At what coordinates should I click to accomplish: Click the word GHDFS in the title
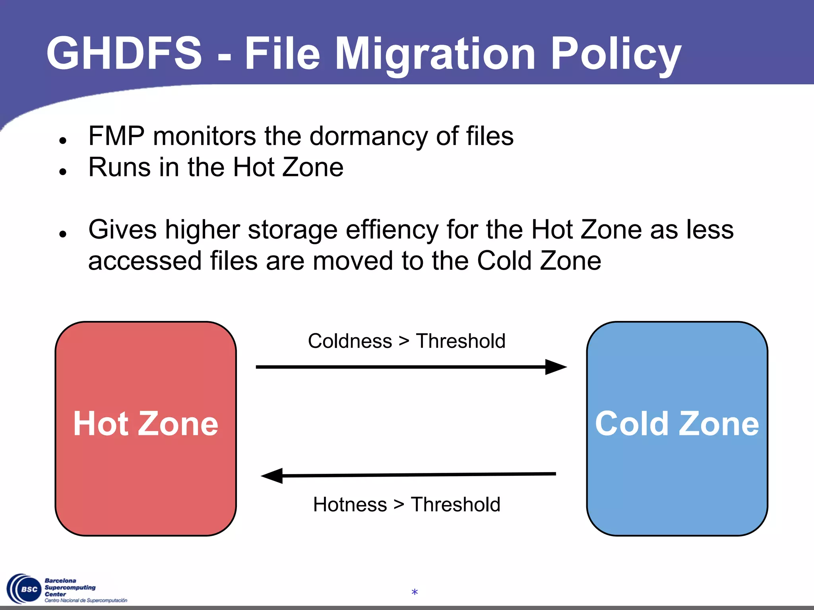click(124, 54)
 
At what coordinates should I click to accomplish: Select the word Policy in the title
click(616, 55)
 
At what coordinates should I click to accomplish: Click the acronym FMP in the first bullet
click(116, 136)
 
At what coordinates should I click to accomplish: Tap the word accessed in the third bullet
click(145, 261)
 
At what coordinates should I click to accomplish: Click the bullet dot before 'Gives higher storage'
click(62, 234)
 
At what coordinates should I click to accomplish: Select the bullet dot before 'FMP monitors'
click(62, 140)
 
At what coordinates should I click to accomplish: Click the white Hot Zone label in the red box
click(145, 424)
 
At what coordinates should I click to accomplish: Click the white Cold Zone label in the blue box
click(677, 424)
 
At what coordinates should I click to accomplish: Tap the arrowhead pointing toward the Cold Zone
click(556, 367)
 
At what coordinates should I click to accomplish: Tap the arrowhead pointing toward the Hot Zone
click(272, 475)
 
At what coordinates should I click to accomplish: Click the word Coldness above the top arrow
click(350, 341)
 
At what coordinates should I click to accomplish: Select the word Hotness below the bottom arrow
click(350, 505)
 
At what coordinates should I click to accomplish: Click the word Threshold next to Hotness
click(455, 505)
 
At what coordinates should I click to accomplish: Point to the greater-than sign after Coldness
click(404, 342)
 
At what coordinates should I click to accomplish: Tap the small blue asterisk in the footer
click(415, 593)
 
